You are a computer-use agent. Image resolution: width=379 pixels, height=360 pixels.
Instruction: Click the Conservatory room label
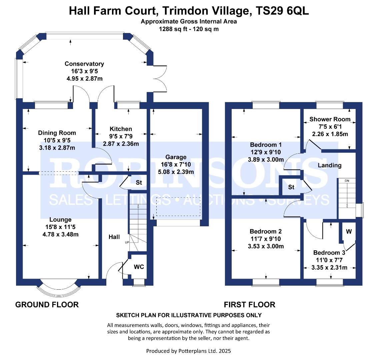pyautogui.click(x=84, y=64)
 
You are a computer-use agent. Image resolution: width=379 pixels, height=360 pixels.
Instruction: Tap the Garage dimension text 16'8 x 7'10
pyautogui.click(x=176, y=164)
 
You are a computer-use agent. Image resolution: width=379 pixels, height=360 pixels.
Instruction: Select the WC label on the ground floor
pyautogui.click(x=139, y=267)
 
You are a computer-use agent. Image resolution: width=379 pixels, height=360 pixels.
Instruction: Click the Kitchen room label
pyautogui.click(x=121, y=129)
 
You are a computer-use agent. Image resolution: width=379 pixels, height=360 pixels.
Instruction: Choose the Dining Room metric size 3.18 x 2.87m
pyautogui.click(x=57, y=148)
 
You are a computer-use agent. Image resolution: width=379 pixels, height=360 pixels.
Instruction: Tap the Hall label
pyautogui.click(x=114, y=237)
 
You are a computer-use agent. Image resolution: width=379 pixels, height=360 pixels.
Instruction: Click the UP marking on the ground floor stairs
pyautogui.click(x=127, y=242)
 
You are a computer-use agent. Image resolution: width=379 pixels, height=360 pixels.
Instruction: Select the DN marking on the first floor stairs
pyautogui.click(x=347, y=181)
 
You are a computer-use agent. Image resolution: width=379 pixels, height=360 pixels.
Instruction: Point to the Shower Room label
pyautogui.click(x=330, y=119)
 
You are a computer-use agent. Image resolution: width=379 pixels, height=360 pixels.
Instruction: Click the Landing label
pyautogui.click(x=329, y=165)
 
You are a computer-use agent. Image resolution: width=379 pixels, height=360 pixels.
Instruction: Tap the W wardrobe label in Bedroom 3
pyautogui.click(x=349, y=232)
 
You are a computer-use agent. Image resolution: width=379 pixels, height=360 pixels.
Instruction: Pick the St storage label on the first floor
pyautogui.click(x=291, y=187)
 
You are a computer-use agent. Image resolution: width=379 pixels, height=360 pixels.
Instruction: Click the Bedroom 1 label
pyautogui.click(x=266, y=145)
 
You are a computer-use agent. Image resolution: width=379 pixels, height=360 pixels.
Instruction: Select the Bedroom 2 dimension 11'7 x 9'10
pyautogui.click(x=266, y=239)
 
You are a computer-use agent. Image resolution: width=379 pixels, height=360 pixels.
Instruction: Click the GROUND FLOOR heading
pyautogui.click(x=47, y=305)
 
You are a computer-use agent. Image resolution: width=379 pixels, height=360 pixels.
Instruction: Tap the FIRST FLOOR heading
pyautogui.click(x=249, y=305)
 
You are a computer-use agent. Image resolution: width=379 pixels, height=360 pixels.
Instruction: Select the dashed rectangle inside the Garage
pyautogui.click(x=178, y=206)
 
